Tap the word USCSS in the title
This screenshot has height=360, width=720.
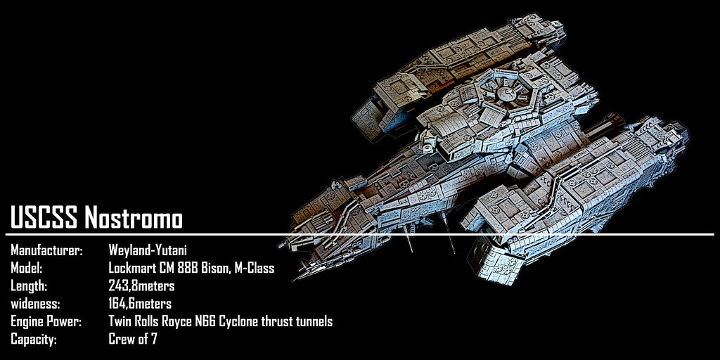click(x=44, y=217)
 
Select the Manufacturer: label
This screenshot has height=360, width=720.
click(x=46, y=250)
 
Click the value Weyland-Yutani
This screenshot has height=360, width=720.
click(x=148, y=250)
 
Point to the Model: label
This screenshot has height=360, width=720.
click(x=26, y=268)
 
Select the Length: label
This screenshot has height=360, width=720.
click(x=28, y=286)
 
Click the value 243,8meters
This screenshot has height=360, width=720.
click(x=141, y=286)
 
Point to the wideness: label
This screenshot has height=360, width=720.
click(x=35, y=304)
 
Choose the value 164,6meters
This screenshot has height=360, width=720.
click(x=140, y=304)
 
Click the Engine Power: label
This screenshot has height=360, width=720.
click(x=46, y=322)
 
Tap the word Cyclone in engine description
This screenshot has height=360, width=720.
click(x=238, y=322)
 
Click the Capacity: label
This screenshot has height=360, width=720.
click(x=33, y=340)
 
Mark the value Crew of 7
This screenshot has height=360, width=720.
click(x=133, y=340)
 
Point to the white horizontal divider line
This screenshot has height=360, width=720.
click(x=359, y=235)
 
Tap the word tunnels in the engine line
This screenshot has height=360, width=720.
click(x=313, y=322)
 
